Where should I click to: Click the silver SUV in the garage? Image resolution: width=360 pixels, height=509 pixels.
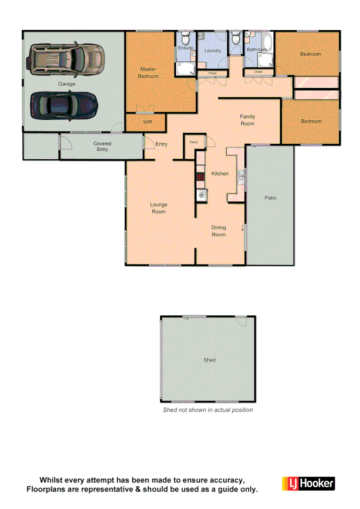tap(66, 59)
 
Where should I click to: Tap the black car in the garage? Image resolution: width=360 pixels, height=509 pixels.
tap(64, 105)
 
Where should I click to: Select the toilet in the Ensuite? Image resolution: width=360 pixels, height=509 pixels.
tap(185, 38)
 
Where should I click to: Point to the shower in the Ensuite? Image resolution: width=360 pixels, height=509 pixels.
tap(185, 69)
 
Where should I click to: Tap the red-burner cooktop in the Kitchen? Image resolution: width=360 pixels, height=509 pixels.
tap(200, 177)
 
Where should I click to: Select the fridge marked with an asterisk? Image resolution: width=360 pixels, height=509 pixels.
tap(202, 195)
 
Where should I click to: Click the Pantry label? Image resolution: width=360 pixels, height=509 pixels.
tap(193, 142)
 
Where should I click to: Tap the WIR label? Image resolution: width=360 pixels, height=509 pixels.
tap(147, 122)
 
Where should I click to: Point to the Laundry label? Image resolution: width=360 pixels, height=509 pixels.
tap(213, 50)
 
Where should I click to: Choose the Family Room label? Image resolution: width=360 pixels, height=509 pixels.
tap(247, 120)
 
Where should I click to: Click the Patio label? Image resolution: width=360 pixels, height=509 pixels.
tap(270, 198)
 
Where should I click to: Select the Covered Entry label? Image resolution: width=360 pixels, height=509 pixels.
tap(102, 147)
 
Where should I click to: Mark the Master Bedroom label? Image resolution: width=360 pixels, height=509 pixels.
tap(148, 73)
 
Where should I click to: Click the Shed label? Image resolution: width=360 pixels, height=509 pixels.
tap(209, 360)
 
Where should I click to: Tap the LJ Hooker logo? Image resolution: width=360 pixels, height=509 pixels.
tap(308, 484)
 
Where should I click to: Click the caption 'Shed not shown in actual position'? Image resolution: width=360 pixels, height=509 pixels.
tap(208, 410)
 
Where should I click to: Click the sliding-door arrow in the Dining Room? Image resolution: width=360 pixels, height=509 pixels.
tap(243, 228)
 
